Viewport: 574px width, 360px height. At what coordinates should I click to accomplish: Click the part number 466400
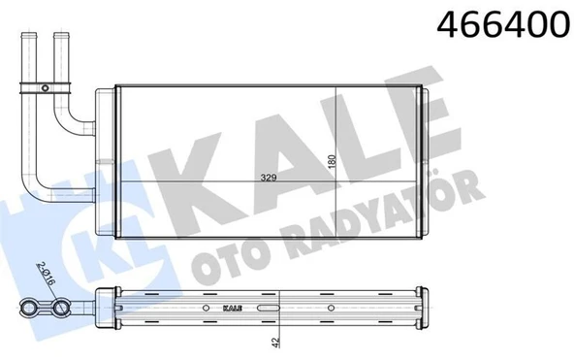[x=505, y=23]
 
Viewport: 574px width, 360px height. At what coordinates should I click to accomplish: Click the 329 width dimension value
[x=269, y=179]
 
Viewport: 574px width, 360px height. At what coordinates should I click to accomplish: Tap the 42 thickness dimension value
[x=276, y=342]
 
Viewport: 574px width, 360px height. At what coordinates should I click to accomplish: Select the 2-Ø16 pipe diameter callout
[x=46, y=275]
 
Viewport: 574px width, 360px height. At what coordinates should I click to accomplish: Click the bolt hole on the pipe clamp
[x=45, y=88]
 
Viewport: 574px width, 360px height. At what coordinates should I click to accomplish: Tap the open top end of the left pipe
[x=28, y=35]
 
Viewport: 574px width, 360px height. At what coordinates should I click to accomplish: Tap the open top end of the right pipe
[x=61, y=35]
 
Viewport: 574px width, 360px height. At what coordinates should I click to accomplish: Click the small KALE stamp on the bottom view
[x=232, y=308]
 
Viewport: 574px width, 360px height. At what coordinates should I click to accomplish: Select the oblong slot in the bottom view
[x=269, y=308]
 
